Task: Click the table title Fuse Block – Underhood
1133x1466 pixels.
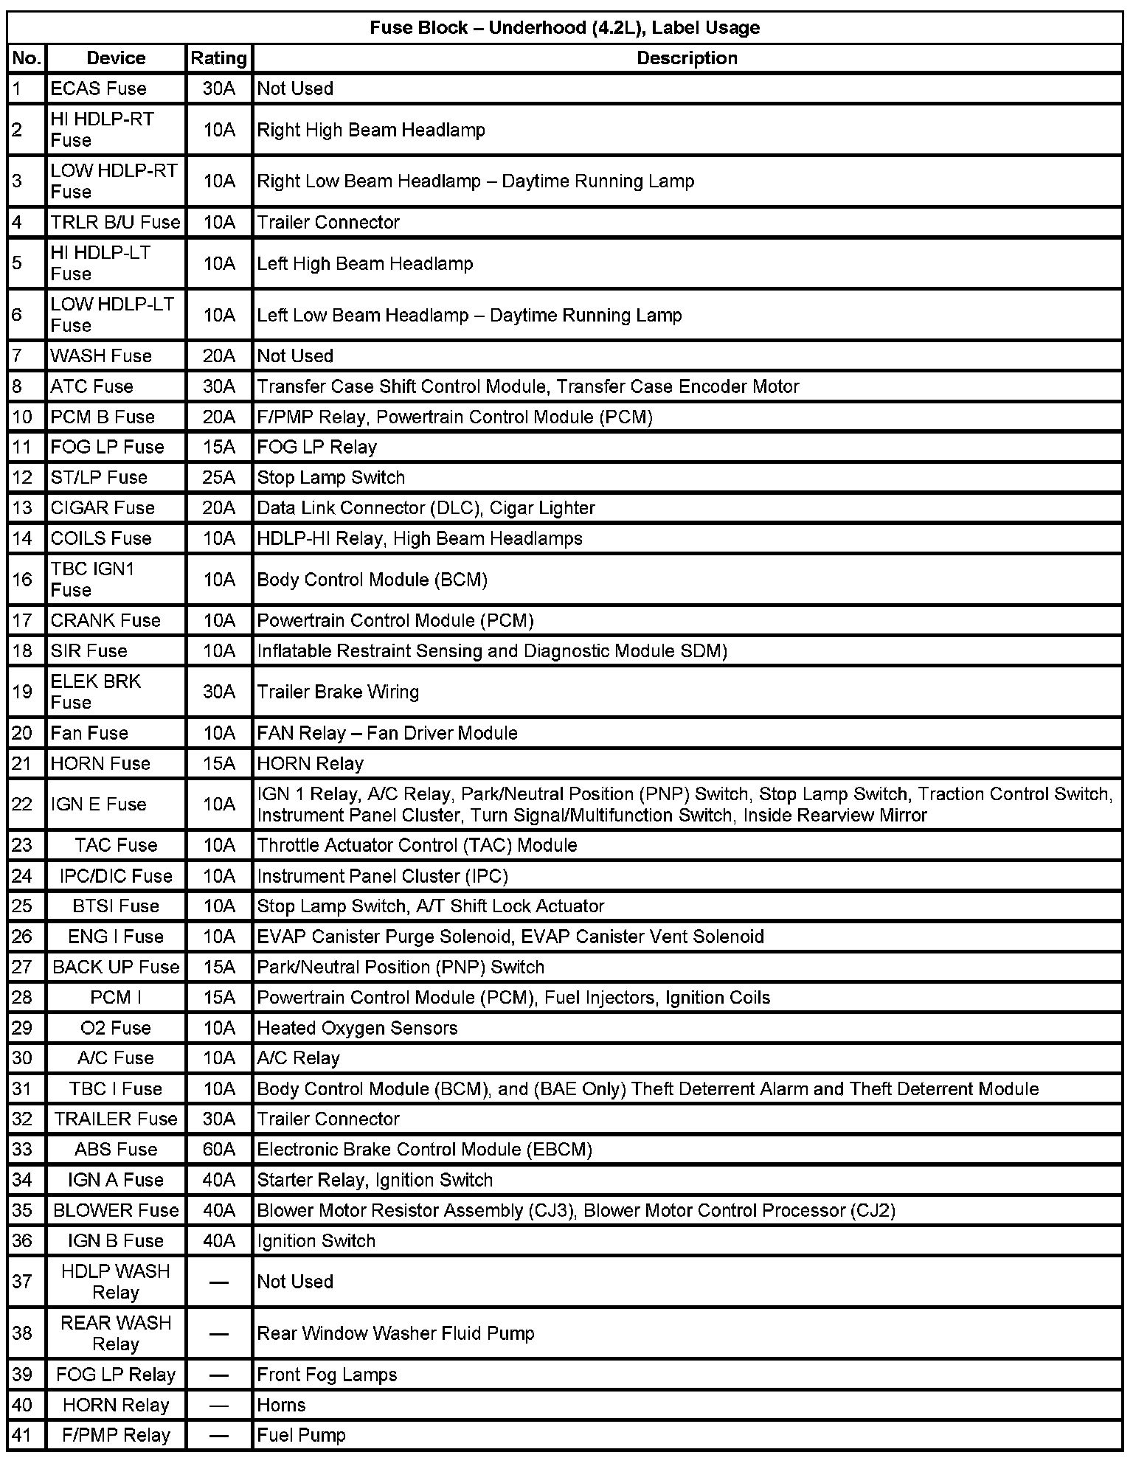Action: [x=564, y=28]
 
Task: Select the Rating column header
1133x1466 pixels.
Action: [x=218, y=58]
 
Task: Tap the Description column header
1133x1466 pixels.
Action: [x=687, y=58]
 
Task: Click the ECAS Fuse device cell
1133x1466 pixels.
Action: [x=98, y=88]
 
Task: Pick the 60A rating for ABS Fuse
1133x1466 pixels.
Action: [x=218, y=1149]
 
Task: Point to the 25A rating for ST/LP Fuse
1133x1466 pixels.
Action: [x=218, y=477]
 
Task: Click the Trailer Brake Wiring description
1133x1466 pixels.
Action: [x=338, y=692]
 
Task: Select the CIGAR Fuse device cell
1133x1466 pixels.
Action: [x=103, y=507]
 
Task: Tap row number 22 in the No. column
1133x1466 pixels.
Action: [x=23, y=804]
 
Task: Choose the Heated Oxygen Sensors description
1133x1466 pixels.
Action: [x=357, y=1028]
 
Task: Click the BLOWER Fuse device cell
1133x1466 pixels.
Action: [x=116, y=1210]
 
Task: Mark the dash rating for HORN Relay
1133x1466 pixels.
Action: [x=218, y=1405]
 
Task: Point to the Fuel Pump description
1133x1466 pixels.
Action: [x=301, y=1435]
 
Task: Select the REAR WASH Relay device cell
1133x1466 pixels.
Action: [x=116, y=1333]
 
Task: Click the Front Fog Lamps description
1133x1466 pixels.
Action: [x=327, y=1375]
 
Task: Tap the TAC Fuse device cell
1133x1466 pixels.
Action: [x=116, y=845]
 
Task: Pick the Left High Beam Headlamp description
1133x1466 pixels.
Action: [x=365, y=263]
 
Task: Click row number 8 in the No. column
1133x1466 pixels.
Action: [x=18, y=386]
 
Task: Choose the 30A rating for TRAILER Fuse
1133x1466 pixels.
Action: [x=218, y=1119]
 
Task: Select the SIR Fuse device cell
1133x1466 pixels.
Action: [x=89, y=650]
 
